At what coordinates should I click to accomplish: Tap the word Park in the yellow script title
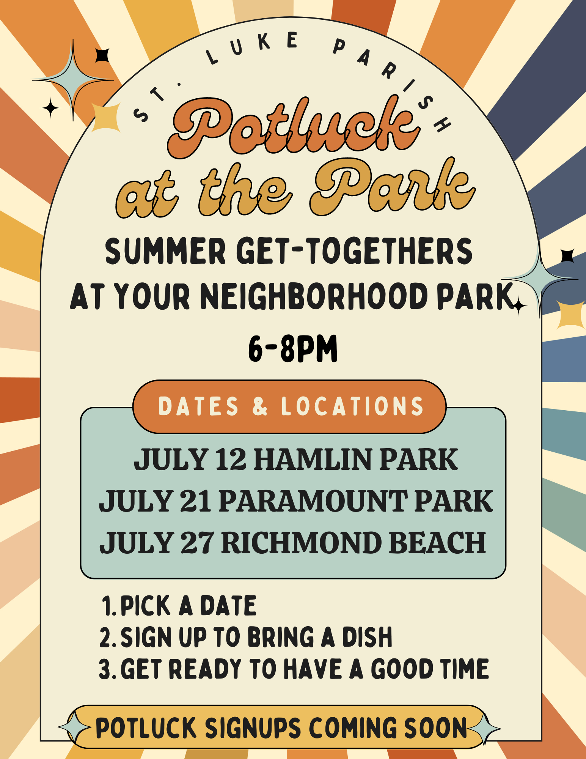coord(393,186)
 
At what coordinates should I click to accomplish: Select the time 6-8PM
coord(293,348)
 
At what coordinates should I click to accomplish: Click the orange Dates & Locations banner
coord(290,406)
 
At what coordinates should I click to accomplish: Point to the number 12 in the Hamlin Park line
coord(231,459)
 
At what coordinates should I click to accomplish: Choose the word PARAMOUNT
coord(313,501)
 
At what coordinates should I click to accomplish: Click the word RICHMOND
coord(302,543)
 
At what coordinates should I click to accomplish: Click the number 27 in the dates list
coord(197,543)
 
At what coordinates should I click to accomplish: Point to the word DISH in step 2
coord(367,637)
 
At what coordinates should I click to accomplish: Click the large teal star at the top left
coord(73,80)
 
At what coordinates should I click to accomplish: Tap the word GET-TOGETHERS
coord(354,251)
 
